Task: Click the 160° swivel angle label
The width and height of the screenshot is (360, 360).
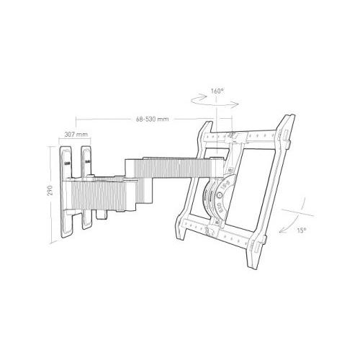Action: coord(217,91)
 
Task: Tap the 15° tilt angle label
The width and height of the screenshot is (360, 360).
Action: coord(302,230)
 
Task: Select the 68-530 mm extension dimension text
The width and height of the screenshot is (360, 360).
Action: coord(153,119)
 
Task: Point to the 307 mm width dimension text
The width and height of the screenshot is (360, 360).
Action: coord(76,135)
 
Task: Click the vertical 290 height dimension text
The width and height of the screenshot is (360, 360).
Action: coord(50,190)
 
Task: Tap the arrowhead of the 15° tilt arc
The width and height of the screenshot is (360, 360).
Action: coord(282,232)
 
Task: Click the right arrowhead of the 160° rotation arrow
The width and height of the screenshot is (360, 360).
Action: coord(236,104)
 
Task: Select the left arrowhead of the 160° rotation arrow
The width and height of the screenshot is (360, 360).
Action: coord(204,96)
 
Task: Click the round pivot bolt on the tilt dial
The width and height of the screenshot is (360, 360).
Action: coord(219,195)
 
